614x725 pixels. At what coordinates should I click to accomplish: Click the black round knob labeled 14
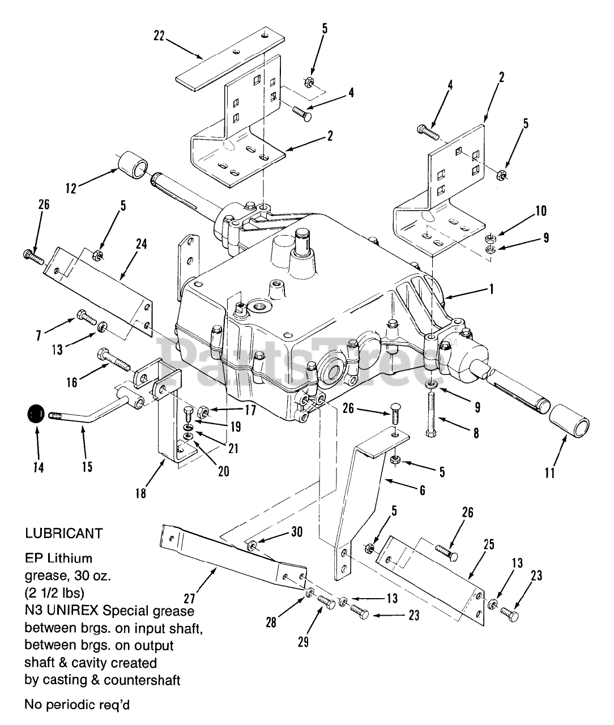tap(35, 415)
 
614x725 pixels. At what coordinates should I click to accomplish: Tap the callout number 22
tap(159, 36)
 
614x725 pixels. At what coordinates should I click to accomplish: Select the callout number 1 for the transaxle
tap(492, 289)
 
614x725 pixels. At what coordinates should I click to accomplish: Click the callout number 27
tap(185, 597)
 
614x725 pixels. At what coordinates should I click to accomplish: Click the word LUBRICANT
tap(64, 533)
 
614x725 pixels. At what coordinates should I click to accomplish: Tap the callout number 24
tap(141, 244)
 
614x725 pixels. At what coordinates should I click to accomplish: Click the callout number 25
tap(489, 545)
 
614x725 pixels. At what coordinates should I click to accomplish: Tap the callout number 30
tap(297, 532)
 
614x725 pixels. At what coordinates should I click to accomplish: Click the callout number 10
tap(540, 211)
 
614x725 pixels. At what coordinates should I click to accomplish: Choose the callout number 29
tap(303, 643)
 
